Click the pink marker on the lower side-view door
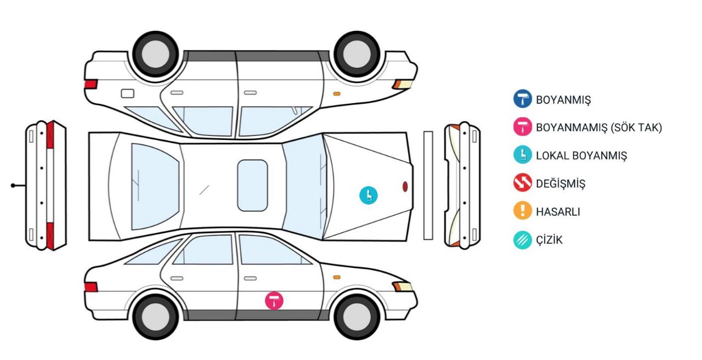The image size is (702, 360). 274,301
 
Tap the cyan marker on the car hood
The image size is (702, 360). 368,195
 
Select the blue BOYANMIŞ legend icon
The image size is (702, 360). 523,99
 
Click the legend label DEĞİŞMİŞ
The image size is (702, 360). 561,183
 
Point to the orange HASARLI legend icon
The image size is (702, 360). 523,210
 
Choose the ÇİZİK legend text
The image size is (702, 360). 549,240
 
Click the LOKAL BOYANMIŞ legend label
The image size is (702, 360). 581,155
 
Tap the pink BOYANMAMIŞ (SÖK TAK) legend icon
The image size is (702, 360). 523,126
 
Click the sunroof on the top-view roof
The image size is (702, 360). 252,185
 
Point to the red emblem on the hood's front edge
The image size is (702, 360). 405,187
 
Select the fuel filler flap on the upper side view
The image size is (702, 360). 128,93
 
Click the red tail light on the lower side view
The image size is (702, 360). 91,287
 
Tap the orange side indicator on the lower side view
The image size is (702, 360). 337,277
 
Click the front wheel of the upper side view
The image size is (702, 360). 356,54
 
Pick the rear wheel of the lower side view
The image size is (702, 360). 155,317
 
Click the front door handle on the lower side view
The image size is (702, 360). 250,278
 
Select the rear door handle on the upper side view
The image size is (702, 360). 177,93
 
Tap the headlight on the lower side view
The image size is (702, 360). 403,286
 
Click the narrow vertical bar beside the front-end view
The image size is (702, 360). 428,185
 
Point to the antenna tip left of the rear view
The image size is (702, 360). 13,185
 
